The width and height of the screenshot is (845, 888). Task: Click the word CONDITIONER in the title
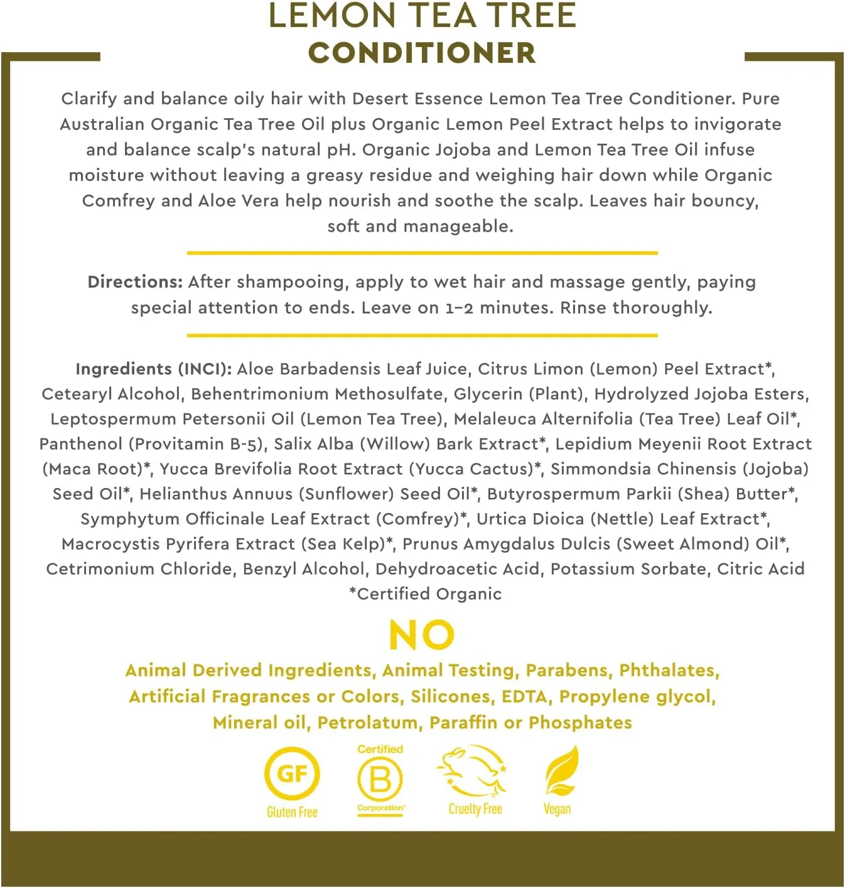[x=422, y=53]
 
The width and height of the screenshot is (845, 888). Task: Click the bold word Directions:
[x=135, y=282]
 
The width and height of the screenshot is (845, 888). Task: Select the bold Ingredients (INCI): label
[x=154, y=369]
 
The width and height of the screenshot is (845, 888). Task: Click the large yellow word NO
[x=422, y=635]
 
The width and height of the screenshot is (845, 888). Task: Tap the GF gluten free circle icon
[x=292, y=773]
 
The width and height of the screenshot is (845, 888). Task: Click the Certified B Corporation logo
[x=380, y=779]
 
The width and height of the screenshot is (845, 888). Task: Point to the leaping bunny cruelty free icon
[x=472, y=771]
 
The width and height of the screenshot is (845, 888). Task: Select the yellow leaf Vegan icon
[x=561, y=771]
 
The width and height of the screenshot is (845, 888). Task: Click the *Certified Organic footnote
[x=425, y=594]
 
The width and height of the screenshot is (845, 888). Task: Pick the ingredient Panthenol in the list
[x=81, y=444]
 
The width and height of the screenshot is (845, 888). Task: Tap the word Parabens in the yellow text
[x=568, y=671]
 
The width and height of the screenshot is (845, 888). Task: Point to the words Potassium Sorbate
[x=628, y=569]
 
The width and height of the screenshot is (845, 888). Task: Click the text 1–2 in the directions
[x=459, y=308]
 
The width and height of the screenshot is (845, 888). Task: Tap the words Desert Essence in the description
[x=417, y=99]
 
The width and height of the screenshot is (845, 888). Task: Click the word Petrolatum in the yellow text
[x=367, y=723]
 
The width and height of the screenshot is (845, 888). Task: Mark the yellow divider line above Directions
[x=422, y=253]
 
